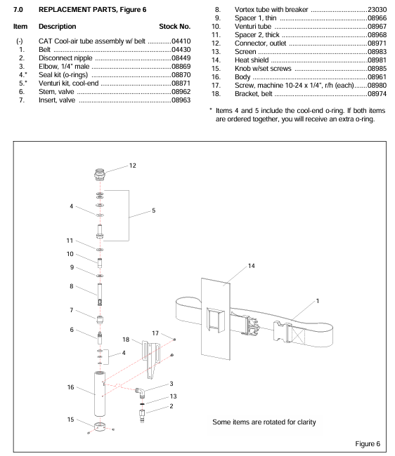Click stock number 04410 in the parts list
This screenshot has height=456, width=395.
click(181, 41)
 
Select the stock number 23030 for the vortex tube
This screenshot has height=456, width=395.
click(377, 10)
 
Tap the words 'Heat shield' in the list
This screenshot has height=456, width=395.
click(252, 60)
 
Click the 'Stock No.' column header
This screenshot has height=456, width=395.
click(174, 27)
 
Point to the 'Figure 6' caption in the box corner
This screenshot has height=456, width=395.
click(368, 444)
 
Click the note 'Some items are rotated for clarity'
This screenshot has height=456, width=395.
click(264, 422)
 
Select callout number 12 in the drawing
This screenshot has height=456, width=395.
click(133, 166)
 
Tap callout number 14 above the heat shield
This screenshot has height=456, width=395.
click(251, 266)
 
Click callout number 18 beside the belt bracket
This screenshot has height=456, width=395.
click(126, 340)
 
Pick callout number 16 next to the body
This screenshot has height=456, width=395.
click(70, 387)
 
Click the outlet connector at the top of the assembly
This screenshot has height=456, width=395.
click(100, 174)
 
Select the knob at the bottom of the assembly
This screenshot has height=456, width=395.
click(100, 427)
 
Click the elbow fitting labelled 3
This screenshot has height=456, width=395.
click(141, 392)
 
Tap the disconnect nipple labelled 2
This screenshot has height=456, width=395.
click(142, 416)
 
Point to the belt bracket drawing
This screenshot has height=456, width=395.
click(151, 359)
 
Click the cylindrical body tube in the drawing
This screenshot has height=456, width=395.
click(100, 394)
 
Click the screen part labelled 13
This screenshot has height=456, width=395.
click(142, 404)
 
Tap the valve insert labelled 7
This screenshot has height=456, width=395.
click(100, 320)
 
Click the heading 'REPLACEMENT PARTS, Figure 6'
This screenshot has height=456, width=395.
click(92, 10)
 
